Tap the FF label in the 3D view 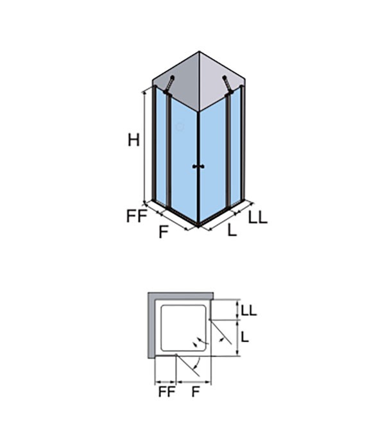(136, 216)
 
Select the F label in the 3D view (164, 232)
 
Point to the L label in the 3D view (232, 230)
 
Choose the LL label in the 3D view (258, 217)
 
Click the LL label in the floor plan (249, 310)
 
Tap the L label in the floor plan (244, 336)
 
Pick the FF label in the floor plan (167, 392)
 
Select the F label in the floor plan (196, 392)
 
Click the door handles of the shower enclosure (198, 166)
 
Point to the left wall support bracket (169, 85)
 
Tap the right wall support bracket (228, 85)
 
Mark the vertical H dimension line (144, 146)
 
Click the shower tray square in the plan (184, 328)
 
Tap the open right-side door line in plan (221, 332)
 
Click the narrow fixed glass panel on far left (161, 146)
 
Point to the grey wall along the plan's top (180, 295)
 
